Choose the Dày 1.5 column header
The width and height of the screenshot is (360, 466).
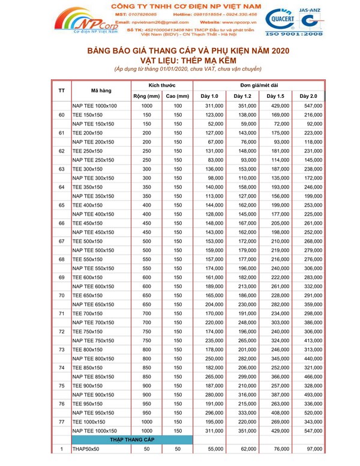click(x=275, y=95)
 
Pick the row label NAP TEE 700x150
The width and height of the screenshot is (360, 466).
click(x=94, y=322)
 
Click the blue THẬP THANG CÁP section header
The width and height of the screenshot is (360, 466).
click(x=133, y=440)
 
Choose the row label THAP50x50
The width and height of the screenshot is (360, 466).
click(x=85, y=449)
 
